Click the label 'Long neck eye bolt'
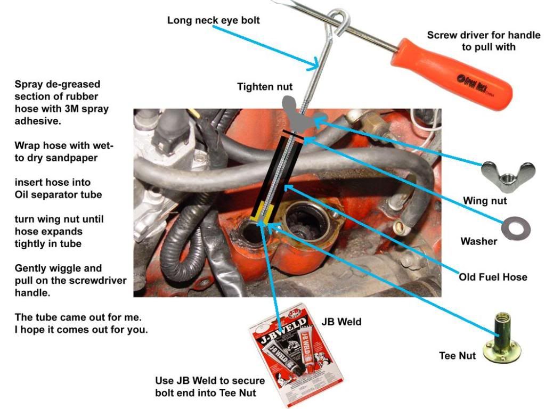[x=214, y=20]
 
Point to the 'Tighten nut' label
[x=265, y=86]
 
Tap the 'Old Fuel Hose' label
[x=493, y=277]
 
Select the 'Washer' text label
[x=478, y=241]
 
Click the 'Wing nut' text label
[x=484, y=201]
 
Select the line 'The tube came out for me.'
[x=78, y=317]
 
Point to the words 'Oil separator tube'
[x=58, y=194]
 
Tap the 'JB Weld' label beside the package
[x=341, y=322]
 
